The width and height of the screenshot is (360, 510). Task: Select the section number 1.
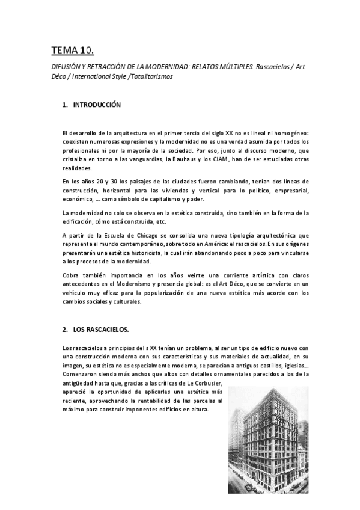tap(64, 105)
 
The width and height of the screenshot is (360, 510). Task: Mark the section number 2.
tap(64, 330)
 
